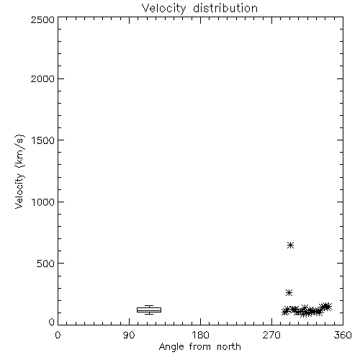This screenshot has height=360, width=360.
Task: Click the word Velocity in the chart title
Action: tap(164, 9)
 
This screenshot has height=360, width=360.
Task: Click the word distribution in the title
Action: tap(225, 8)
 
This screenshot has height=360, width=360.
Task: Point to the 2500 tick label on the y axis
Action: tap(42, 19)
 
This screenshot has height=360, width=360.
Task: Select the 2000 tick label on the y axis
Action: tap(42, 78)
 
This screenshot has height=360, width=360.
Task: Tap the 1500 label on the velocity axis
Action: tap(43, 140)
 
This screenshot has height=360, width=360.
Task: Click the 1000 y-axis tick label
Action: tap(43, 202)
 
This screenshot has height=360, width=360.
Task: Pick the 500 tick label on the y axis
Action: tap(46, 264)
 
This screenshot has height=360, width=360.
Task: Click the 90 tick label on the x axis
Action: tap(129, 335)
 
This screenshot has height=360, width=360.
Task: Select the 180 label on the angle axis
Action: tap(200, 335)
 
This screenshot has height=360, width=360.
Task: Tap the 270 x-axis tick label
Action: tap(271, 335)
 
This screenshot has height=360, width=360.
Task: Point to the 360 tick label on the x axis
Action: tap(343, 335)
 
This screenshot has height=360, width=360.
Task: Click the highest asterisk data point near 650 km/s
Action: tap(291, 245)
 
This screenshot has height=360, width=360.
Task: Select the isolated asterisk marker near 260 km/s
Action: tap(289, 292)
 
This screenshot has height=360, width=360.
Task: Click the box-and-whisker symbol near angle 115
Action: tap(149, 310)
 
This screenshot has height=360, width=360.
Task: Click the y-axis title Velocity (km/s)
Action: tap(19, 171)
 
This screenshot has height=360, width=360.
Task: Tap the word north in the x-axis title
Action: tap(229, 347)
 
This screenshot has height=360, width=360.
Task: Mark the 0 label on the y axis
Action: tap(52, 322)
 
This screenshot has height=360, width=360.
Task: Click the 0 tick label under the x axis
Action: tap(58, 335)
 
